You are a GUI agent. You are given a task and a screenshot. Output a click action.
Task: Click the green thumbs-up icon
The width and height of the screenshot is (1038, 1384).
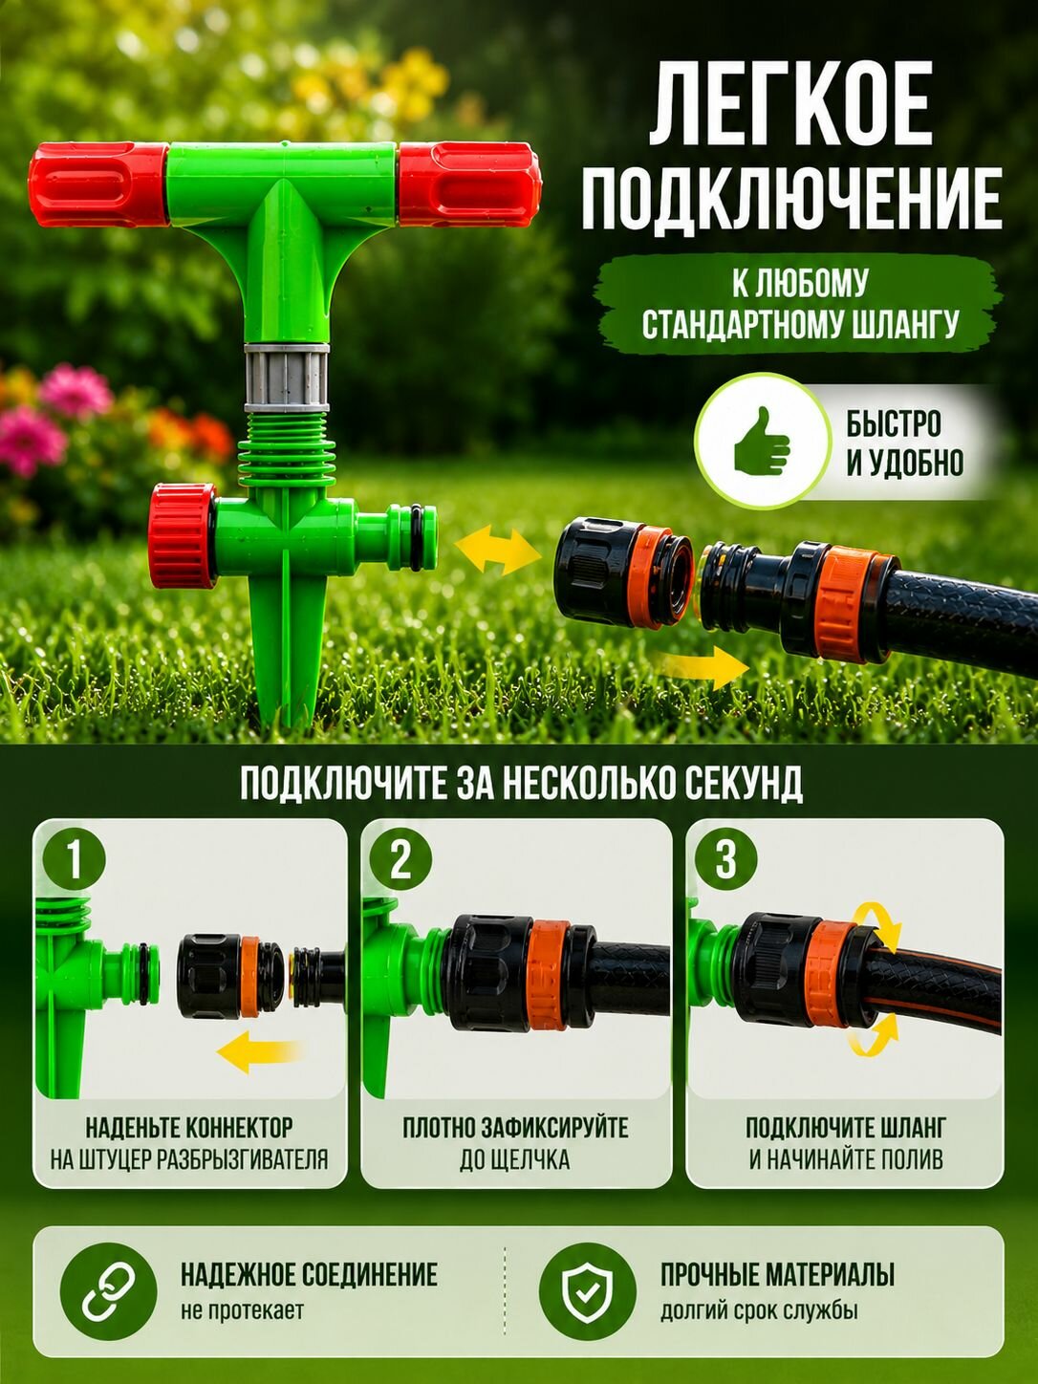click(x=763, y=441)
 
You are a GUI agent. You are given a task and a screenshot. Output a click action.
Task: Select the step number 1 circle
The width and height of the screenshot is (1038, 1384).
click(x=75, y=860)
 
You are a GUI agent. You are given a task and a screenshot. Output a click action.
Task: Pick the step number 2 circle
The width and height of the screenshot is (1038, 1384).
click(x=400, y=860)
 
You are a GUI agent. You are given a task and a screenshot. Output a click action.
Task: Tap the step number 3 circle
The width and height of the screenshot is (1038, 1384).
click(x=725, y=860)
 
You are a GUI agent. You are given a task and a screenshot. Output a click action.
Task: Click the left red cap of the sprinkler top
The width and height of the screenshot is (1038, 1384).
click(x=97, y=184)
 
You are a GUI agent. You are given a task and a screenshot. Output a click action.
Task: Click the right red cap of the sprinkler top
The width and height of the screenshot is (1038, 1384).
click(x=469, y=184)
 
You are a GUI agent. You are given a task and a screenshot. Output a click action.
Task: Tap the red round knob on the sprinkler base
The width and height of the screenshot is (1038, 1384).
click(x=183, y=536)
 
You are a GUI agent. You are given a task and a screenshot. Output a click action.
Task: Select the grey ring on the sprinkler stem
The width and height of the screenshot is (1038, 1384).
click(x=287, y=378)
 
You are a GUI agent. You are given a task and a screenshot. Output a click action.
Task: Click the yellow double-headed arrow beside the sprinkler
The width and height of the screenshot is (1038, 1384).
click(x=498, y=552)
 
